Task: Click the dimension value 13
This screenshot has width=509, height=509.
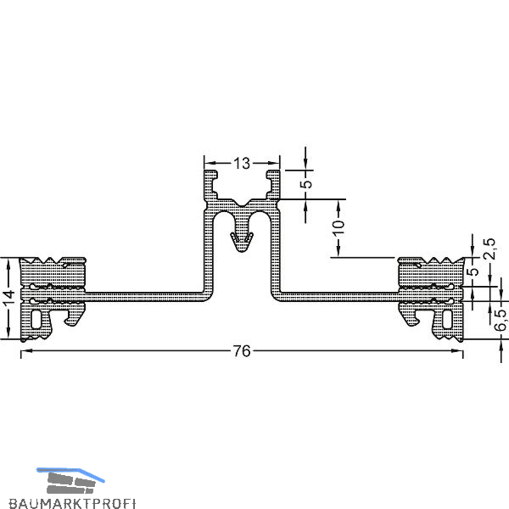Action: click(x=242, y=163)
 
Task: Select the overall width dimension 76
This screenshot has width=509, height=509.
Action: click(x=242, y=351)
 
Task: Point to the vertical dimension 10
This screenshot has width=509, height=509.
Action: click(x=338, y=228)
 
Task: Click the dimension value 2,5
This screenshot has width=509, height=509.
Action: click(x=489, y=249)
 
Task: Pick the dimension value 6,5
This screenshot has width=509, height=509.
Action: click(x=500, y=320)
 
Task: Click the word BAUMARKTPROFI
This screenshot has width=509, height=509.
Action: click(x=72, y=503)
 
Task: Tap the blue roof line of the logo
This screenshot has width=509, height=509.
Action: click(x=70, y=474)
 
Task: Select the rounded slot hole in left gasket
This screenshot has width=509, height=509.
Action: click(x=36, y=319)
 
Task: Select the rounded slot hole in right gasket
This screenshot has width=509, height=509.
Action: click(x=447, y=319)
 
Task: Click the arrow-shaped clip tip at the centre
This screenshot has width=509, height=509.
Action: click(x=242, y=242)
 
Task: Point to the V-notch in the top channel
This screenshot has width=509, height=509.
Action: click(x=242, y=204)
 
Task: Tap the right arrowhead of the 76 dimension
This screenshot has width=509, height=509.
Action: click(x=457, y=350)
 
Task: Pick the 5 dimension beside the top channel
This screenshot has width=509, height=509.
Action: click(x=306, y=184)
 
